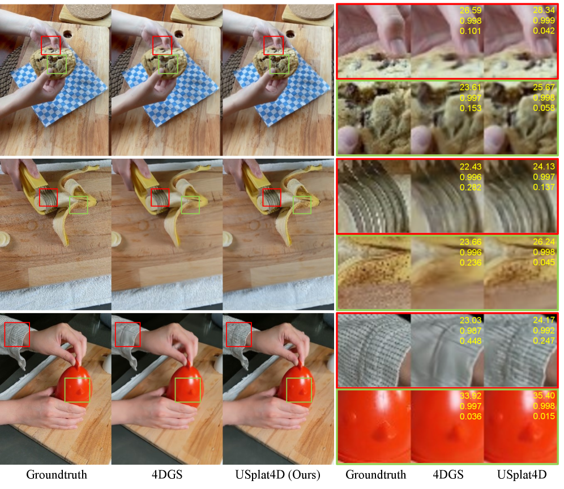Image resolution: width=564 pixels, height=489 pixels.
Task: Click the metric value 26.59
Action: click(471, 10)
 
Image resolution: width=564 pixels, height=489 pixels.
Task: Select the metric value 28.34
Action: click(544, 10)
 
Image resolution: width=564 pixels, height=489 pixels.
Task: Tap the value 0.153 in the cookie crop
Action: click(471, 108)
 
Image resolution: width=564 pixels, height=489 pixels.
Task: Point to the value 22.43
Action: click(471, 167)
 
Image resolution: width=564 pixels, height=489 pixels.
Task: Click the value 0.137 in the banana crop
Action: click(544, 187)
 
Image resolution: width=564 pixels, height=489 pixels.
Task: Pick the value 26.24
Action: click(544, 242)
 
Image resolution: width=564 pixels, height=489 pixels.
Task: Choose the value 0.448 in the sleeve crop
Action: click(471, 341)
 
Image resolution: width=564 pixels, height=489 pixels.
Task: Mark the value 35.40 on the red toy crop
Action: click(544, 396)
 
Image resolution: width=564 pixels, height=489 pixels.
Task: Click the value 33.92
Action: click(471, 396)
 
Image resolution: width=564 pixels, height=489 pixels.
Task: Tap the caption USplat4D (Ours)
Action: click(277, 475)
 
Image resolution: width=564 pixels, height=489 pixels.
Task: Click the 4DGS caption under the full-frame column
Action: click(167, 475)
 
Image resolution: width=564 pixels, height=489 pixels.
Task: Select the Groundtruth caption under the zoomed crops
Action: click(375, 475)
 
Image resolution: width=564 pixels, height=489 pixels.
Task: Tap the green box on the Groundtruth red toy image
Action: click(65, 390)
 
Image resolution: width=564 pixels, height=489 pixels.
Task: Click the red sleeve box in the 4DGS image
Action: click(116, 335)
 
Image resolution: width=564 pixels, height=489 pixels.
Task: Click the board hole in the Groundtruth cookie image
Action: click(67, 34)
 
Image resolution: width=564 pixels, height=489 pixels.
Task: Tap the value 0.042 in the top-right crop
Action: click(544, 31)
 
